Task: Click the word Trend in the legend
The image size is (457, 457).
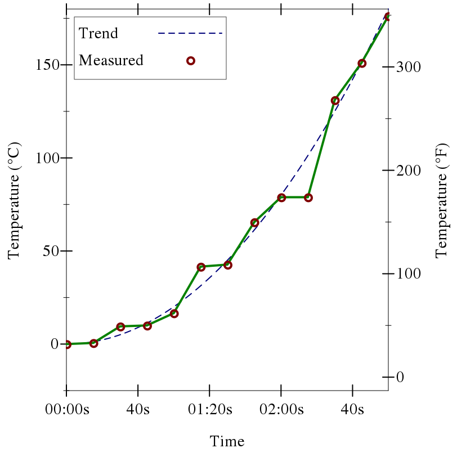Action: [x=98, y=33]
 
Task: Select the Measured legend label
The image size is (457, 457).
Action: [x=111, y=60]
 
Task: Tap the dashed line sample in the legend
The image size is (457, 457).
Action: [x=190, y=33]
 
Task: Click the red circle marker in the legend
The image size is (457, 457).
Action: [x=190, y=60]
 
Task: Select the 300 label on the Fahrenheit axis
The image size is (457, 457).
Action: [x=407, y=67]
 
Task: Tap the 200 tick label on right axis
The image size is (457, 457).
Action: [x=407, y=171]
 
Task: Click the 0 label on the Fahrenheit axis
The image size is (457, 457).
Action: [x=400, y=377]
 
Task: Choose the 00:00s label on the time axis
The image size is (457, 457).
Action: [x=67, y=409]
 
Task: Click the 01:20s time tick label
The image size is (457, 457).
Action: [x=209, y=409]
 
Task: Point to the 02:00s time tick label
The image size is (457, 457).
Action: [x=281, y=409]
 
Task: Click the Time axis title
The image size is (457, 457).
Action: [x=227, y=441]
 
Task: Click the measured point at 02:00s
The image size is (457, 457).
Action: [x=281, y=198]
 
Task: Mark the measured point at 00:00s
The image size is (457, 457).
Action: [x=67, y=344]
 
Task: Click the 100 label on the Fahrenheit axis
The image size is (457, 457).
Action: [x=407, y=274]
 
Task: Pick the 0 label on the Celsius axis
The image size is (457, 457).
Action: [x=55, y=344]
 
